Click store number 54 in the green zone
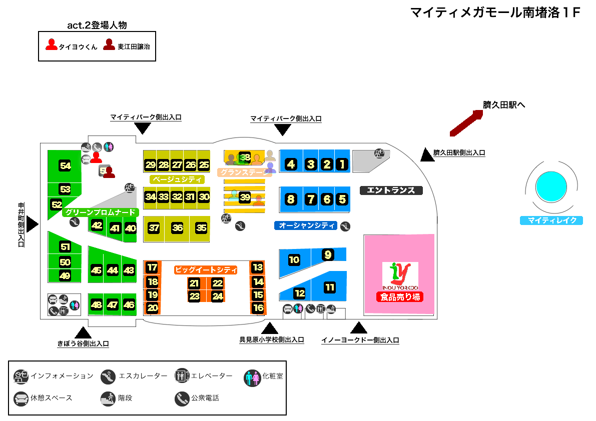(x=65, y=166)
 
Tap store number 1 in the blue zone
(x=342, y=164)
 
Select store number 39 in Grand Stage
(x=245, y=197)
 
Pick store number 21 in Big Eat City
(x=194, y=283)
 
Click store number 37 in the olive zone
(x=154, y=228)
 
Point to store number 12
(x=299, y=293)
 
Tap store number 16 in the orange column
(x=258, y=308)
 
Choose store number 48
(x=97, y=304)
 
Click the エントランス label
(x=391, y=190)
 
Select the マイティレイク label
(x=551, y=220)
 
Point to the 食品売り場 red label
(x=400, y=297)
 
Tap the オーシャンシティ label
(x=307, y=225)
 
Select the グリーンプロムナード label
(x=100, y=212)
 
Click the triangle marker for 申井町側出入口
(x=32, y=223)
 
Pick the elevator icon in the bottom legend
(x=181, y=376)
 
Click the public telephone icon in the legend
(x=181, y=398)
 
